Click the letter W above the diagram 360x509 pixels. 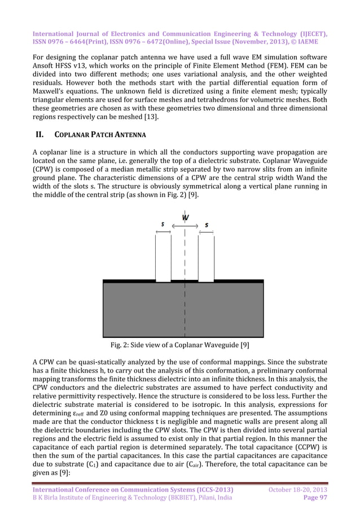(185, 218)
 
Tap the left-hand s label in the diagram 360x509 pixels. (163, 224)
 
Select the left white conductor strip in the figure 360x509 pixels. (163, 257)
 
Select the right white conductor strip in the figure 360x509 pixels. (206, 257)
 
